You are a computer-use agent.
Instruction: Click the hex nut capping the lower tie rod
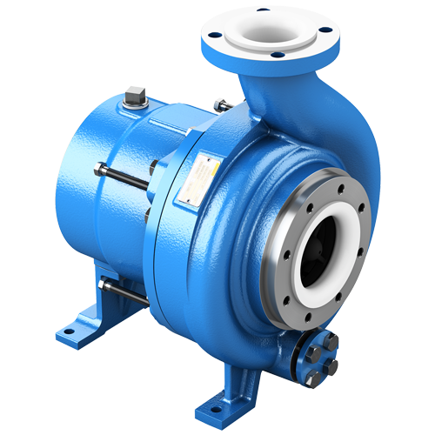coord(104,283)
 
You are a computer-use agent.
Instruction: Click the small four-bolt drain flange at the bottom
coord(318,353)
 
